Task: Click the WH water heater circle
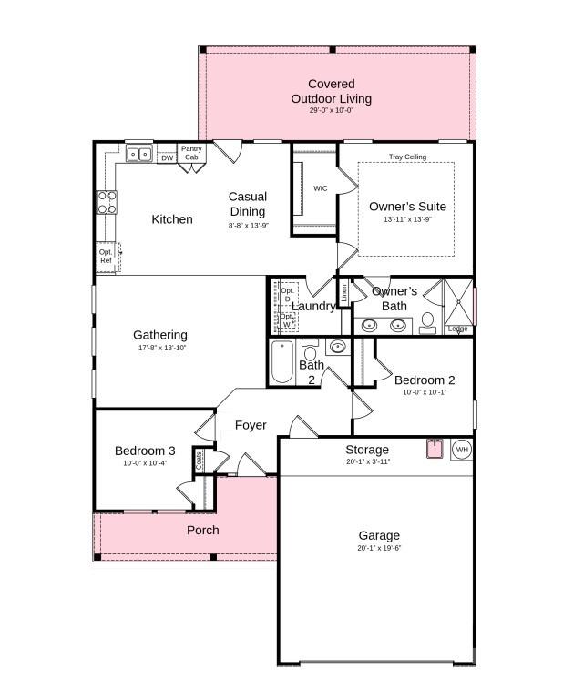(461, 450)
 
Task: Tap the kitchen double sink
(139, 155)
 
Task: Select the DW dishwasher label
(167, 158)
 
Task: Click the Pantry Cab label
(191, 153)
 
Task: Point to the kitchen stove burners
(107, 201)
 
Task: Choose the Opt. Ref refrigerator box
(107, 256)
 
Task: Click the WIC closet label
(321, 188)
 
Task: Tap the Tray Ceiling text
(407, 157)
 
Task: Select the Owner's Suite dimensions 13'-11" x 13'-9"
(407, 219)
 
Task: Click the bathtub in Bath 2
(281, 363)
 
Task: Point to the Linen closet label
(343, 292)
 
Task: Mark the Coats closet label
(200, 461)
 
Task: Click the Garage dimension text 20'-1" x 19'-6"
(379, 549)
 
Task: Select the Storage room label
(367, 450)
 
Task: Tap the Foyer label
(251, 425)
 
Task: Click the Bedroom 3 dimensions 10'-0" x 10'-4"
(145, 463)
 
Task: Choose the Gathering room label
(160, 335)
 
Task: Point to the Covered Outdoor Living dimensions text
(331, 109)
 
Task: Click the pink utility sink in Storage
(435, 448)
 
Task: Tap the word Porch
(202, 530)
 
